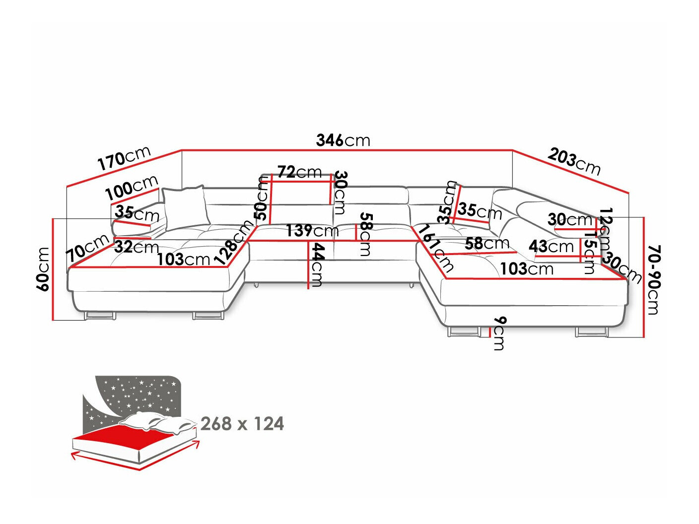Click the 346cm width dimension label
tap(343, 140)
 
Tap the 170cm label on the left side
tap(124, 158)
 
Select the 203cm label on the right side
tap(574, 162)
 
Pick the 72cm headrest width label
tap(299, 172)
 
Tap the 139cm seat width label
tap(312, 231)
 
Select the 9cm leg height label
tap(499, 333)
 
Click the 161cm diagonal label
tap(435, 249)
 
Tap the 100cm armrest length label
tap(132, 188)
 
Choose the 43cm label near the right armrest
tap(551, 246)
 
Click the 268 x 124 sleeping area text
tap(242, 424)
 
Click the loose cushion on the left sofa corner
tap(185, 208)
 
